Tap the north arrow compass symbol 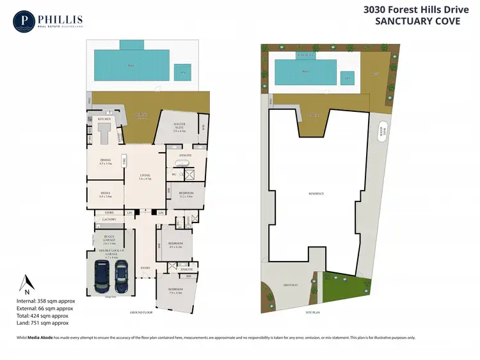click(x=26, y=285)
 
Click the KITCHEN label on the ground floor click(x=104, y=119)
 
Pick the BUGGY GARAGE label click(x=109, y=239)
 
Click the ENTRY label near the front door click(x=146, y=267)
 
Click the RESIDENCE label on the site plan click(x=316, y=193)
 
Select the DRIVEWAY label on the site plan click(x=292, y=285)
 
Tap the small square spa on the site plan click(x=348, y=78)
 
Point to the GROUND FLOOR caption click(x=142, y=313)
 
